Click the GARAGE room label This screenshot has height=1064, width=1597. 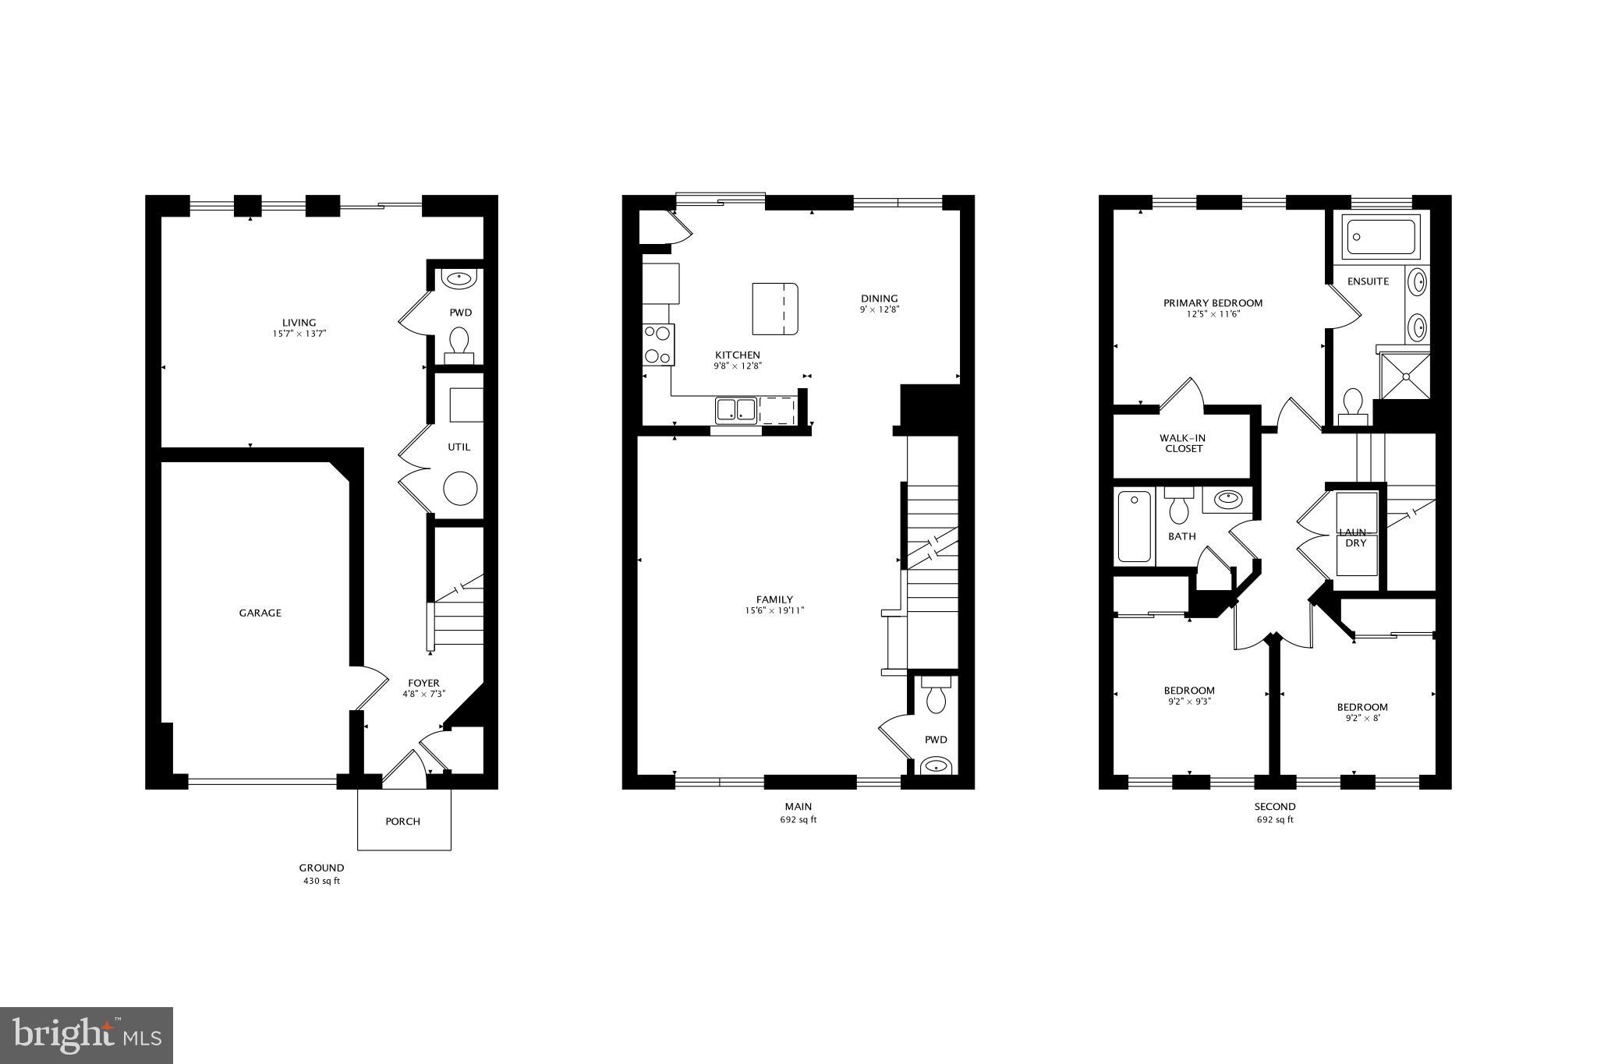pyautogui.click(x=260, y=613)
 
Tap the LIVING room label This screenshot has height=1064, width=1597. pyautogui.click(x=299, y=323)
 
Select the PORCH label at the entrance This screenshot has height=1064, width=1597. pyautogui.click(x=403, y=821)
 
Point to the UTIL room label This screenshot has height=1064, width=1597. pyautogui.click(x=459, y=447)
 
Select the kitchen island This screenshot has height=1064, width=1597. pyautogui.click(x=774, y=309)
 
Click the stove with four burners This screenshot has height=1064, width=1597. pyautogui.click(x=658, y=345)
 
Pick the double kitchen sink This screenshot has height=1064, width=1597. pyautogui.click(x=736, y=410)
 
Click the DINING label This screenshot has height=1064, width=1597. pyautogui.click(x=879, y=298)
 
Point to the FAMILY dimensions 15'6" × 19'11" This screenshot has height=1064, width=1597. pyautogui.click(x=774, y=610)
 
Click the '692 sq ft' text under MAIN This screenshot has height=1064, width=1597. pyautogui.click(x=798, y=820)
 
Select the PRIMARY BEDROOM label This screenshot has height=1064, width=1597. pyautogui.click(x=1213, y=303)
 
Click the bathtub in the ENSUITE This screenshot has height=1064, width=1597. pyautogui.click(x=1379, y=237)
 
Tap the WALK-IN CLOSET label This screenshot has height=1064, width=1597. pyautogui.click(x=1184, y=444)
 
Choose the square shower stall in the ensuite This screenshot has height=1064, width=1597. pyautogui.click(x=1405, y=376)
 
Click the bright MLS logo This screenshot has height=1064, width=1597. pyautogui.click(x=87, y=1035)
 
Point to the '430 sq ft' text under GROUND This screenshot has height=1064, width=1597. pyautogui.click(x=321, y=882)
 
